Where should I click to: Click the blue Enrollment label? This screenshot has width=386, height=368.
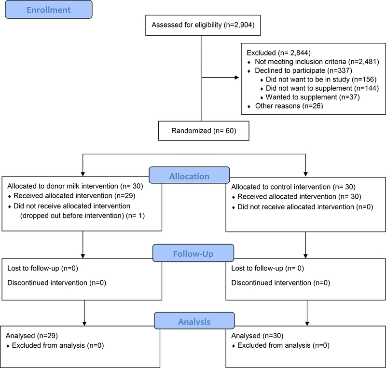[x=49, y=10]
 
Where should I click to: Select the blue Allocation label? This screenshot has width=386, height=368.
[x=189, y=175]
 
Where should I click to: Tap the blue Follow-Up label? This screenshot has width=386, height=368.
[x=193, y=253]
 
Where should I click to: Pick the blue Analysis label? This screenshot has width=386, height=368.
[x=194, y=320]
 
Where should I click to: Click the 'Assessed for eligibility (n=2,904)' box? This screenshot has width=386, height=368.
[x=203, y=25]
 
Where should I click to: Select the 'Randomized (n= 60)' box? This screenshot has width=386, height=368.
[x=204, y=131]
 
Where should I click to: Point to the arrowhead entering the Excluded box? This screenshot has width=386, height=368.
[x=237, y=78]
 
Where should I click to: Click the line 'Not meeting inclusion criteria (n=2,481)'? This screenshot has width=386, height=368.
[x=317, y=62]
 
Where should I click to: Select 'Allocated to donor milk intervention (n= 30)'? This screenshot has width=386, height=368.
[x=75, y=186]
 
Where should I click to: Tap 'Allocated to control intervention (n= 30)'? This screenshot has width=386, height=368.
[x=293, y=187]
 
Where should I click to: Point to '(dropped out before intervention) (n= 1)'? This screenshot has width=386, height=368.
[x=83, y=216]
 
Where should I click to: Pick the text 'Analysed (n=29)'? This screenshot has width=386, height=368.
[x=32, y=336]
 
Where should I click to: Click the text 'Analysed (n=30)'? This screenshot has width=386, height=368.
[x=257, y=336]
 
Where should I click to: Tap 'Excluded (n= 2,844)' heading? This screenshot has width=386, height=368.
[x=279, y=53]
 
